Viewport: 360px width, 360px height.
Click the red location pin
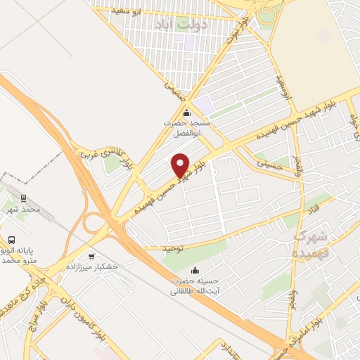coord(181,165)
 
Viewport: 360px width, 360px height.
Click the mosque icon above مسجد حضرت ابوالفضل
coord(186,113)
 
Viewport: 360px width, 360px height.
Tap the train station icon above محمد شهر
coord(23,198)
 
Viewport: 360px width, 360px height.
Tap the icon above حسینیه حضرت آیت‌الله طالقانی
coord(195,271)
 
